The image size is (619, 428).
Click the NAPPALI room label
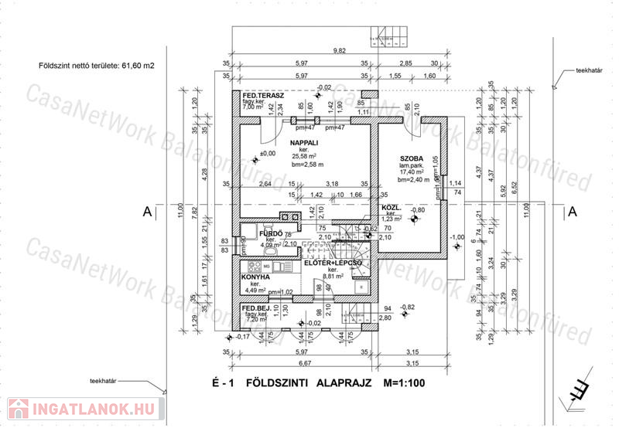point(306,144)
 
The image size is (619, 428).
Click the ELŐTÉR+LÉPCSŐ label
point(333,263)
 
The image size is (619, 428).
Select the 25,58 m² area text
point(306,157)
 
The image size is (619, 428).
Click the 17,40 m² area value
point(412,172)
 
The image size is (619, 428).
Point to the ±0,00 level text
point(268,154)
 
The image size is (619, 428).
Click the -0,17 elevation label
point(243,337)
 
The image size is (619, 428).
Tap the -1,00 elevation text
point(457,236)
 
